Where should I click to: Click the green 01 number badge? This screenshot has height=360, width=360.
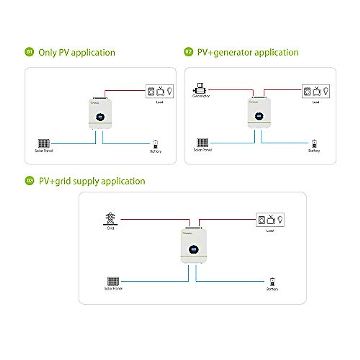(29, 52)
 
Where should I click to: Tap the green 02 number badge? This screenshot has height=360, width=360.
(188, 52)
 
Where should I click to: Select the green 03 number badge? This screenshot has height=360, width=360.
(29, 181)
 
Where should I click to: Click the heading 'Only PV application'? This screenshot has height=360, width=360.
(77, 52)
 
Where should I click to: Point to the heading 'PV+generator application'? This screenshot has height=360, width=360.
(248, 52)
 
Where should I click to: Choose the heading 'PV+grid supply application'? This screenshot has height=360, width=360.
(92, 181)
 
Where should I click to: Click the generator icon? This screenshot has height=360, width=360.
(199, 89)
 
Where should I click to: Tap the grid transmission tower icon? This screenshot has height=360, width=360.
(110, 219)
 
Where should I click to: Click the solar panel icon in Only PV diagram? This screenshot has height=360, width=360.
(44, 143)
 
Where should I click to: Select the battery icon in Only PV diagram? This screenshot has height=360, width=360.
(155, 145)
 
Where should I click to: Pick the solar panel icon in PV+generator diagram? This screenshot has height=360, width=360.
(202, 142)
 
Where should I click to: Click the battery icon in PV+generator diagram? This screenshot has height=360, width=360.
(314, 144)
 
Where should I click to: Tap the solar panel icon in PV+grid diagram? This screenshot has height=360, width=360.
(113, 281)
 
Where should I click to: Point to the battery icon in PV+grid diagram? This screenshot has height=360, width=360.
(272, 282)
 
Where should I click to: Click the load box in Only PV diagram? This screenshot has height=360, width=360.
(160, 91)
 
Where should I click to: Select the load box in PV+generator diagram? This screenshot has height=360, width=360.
(316, 91)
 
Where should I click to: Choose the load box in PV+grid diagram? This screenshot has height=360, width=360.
(270, 220)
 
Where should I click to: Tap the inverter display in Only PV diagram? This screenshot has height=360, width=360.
(100, 117)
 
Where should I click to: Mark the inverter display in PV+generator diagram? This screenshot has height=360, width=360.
(259, 116)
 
